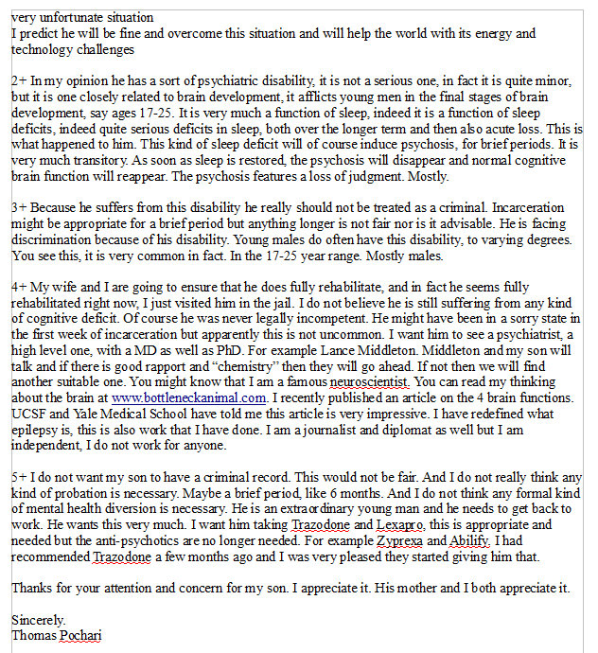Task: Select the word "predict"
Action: (39, 33)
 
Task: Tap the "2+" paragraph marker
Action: (19, 82)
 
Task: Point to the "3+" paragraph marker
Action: (19, 205)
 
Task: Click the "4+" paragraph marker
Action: (19, 285)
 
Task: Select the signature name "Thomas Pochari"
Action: (56, 635)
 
